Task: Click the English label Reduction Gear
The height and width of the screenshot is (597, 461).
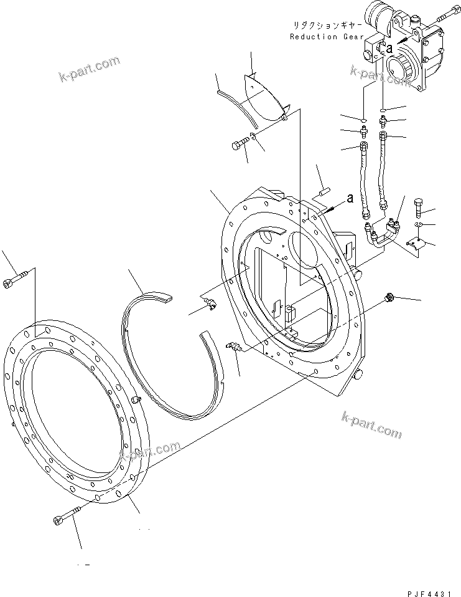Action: tap(327, 37)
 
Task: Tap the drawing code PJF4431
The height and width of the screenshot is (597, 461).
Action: tap(429, 593)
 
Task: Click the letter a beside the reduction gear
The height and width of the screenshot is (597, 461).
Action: tap(389, 49)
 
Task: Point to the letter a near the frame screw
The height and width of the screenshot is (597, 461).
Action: tap(350, 198)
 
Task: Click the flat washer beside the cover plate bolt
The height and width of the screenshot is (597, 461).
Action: tap(253, 136)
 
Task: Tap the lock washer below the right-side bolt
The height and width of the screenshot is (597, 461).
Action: tap(418, 224)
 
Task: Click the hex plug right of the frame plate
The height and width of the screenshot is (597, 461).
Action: tap(389, 296)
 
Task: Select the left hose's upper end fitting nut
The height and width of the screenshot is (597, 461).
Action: tap(363, 145)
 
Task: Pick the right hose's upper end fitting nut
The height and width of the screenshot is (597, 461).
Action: tap(383, 136)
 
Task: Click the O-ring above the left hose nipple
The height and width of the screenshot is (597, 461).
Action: tap(363, 121)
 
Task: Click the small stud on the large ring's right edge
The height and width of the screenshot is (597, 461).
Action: tap(138, 399)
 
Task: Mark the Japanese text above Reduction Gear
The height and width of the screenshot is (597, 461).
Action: tap(327, 26)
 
